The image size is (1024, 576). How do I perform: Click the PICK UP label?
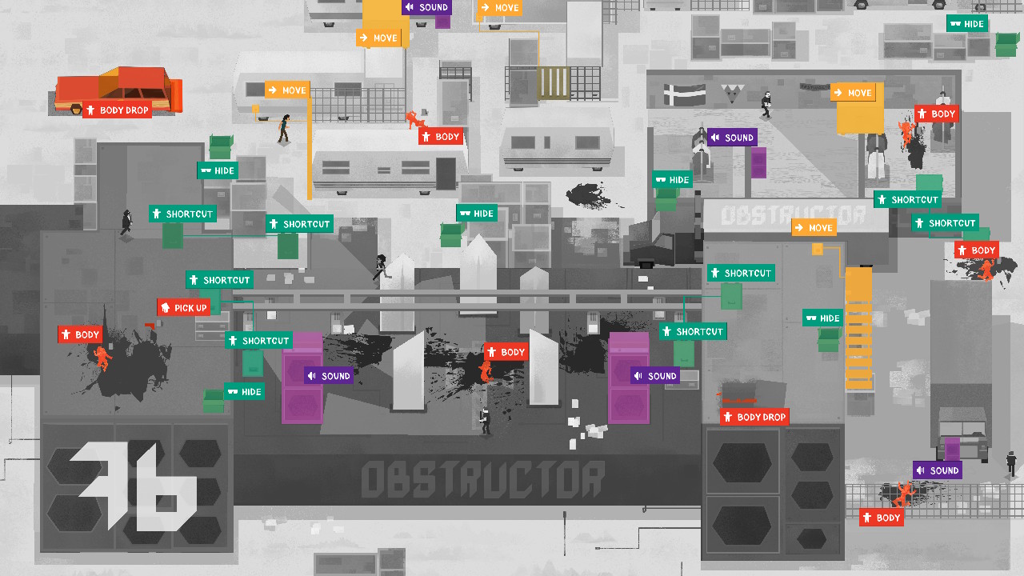184,308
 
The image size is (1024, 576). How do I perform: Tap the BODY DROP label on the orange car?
118,110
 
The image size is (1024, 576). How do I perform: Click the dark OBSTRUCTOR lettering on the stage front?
482,480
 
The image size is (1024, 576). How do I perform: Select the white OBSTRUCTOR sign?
794,215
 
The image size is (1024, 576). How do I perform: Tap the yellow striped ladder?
858,328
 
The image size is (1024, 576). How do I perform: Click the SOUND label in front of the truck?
938,470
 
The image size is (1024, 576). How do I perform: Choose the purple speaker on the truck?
952,448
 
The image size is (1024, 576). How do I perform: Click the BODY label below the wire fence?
882,518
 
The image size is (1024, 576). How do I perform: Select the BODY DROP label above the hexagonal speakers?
754,417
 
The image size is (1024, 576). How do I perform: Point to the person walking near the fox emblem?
766,104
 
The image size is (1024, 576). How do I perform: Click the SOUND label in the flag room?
732,138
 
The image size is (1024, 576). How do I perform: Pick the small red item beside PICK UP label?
150,324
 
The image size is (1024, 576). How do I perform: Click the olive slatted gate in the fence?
554,83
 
